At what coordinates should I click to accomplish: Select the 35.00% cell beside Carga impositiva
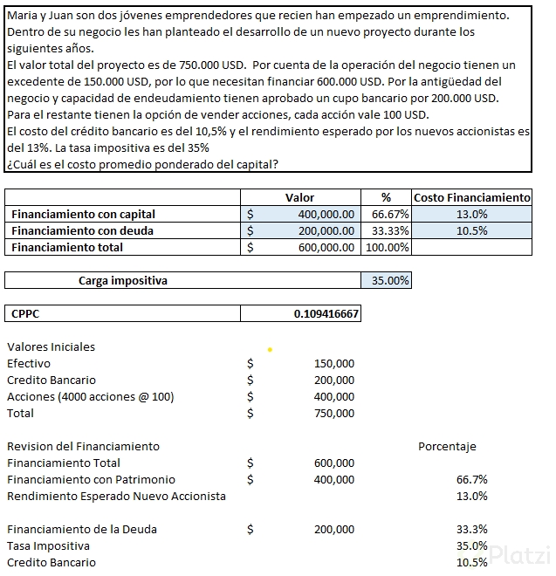tap(386, 281)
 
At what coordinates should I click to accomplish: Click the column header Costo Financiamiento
tap(471, 198)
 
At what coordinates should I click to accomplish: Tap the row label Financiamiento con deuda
tap(83, 231)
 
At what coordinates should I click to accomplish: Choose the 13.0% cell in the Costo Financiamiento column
tap(471, 215)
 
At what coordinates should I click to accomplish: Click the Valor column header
tap(299, 198)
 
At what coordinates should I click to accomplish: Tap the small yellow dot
tap(270, 350)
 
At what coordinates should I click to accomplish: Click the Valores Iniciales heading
tap(51, 346)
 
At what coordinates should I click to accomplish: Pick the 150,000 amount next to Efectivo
tap(333, 364)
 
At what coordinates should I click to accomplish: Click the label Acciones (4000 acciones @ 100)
tap(91, 397)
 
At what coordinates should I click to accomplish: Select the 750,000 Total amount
tap(333, 414)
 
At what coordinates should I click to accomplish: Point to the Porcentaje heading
tap(447, 447)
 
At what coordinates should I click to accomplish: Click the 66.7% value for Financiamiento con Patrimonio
tap(471, 480)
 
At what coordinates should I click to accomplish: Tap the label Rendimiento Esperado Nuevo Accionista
tap(116, 497)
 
